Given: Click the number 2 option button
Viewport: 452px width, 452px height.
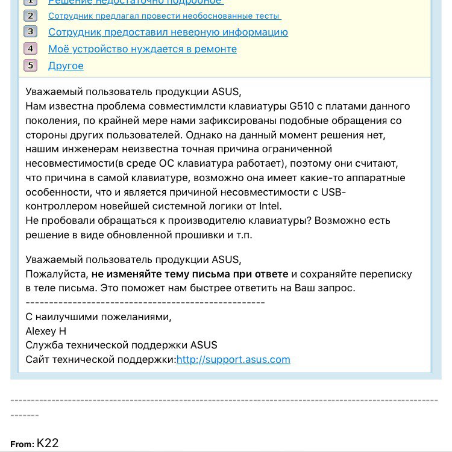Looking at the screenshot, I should click(x=31, y=16).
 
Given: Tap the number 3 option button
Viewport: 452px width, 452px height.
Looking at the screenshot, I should click(x=31, y=32).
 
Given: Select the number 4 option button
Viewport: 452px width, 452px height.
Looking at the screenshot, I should click(x=31, y=49).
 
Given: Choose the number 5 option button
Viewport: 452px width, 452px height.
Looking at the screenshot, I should click(x=31, y=66).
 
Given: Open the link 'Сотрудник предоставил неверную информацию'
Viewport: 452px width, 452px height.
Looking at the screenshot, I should click(x=168, y=32).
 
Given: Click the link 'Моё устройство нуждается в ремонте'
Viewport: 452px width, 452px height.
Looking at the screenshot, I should click(x=142, y=49).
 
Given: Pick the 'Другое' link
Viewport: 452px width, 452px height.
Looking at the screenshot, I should click(x=66, y=66).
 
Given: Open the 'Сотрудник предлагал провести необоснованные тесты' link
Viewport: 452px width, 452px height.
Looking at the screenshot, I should click(x=165, y=16).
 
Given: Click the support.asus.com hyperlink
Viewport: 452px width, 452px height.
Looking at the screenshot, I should click(x=233, y=359).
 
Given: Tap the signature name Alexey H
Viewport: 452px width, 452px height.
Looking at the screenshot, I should click(x=46, y=331).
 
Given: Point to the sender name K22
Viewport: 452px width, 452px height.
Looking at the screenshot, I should click(x=48, y=443).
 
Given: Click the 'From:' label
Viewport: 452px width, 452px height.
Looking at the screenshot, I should click(x=22, y=444).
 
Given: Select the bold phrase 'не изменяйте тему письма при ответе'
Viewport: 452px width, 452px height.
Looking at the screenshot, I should click(x=190, y=274).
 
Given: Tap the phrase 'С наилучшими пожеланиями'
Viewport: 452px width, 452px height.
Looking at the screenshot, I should click(x=98, y=317).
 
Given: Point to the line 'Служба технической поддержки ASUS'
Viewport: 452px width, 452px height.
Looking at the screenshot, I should click(x=121, y=345).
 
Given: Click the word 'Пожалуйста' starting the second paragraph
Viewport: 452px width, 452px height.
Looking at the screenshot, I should click(x=57, y=274).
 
